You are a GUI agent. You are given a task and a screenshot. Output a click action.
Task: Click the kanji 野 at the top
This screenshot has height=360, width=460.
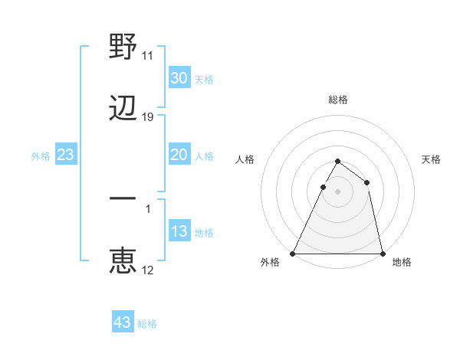click(x=123, y=47)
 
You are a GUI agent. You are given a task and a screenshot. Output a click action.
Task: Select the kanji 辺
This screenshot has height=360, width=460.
click(x=123, y=110)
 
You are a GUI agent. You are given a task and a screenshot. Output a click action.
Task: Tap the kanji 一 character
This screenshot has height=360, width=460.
click(x=123, y=198)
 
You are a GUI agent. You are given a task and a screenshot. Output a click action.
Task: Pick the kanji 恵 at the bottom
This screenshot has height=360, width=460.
click(x=123, y=260)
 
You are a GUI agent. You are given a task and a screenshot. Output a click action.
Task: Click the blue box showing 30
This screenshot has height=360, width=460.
click(x=179, y=78)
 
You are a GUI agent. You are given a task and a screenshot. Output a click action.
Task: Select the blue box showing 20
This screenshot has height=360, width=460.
click(x=179, y=155)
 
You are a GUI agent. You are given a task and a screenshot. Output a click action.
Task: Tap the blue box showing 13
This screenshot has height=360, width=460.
click(x=179, y=231)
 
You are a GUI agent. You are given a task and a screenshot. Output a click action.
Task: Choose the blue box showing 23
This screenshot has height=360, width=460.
click(x=66, y=155)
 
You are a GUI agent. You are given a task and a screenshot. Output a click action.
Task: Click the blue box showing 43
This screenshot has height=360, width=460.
click(x=123, y=322)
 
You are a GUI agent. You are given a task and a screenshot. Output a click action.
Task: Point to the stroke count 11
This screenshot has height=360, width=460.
click(x=148, y=56)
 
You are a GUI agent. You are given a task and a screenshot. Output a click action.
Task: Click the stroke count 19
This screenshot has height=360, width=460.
click(x=148, y=118)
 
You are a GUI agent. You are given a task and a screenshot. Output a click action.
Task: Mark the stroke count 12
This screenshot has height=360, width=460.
click(x=148, y=270)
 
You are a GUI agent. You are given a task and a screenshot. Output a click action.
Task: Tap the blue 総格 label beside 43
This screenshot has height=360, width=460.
click(x=148, y=324)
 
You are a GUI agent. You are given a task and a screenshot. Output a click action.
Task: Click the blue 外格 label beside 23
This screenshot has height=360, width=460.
click(x=41, y=156)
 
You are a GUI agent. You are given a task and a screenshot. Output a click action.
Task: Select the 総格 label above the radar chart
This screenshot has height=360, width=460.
click(x=337, y=100)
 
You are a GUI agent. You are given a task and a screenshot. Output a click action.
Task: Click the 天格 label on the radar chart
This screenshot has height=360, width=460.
click(x=431, y=159)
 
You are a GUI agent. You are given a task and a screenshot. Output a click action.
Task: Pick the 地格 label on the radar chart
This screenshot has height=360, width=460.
click(x=402, y=262)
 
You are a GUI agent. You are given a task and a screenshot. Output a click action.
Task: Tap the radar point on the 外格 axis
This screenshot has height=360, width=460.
click(x=293, y=253)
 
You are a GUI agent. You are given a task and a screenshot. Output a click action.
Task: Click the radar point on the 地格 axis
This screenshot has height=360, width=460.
click(x=382, y=253)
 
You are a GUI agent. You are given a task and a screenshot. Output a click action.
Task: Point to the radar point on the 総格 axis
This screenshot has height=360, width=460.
click(x=337, y=161)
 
